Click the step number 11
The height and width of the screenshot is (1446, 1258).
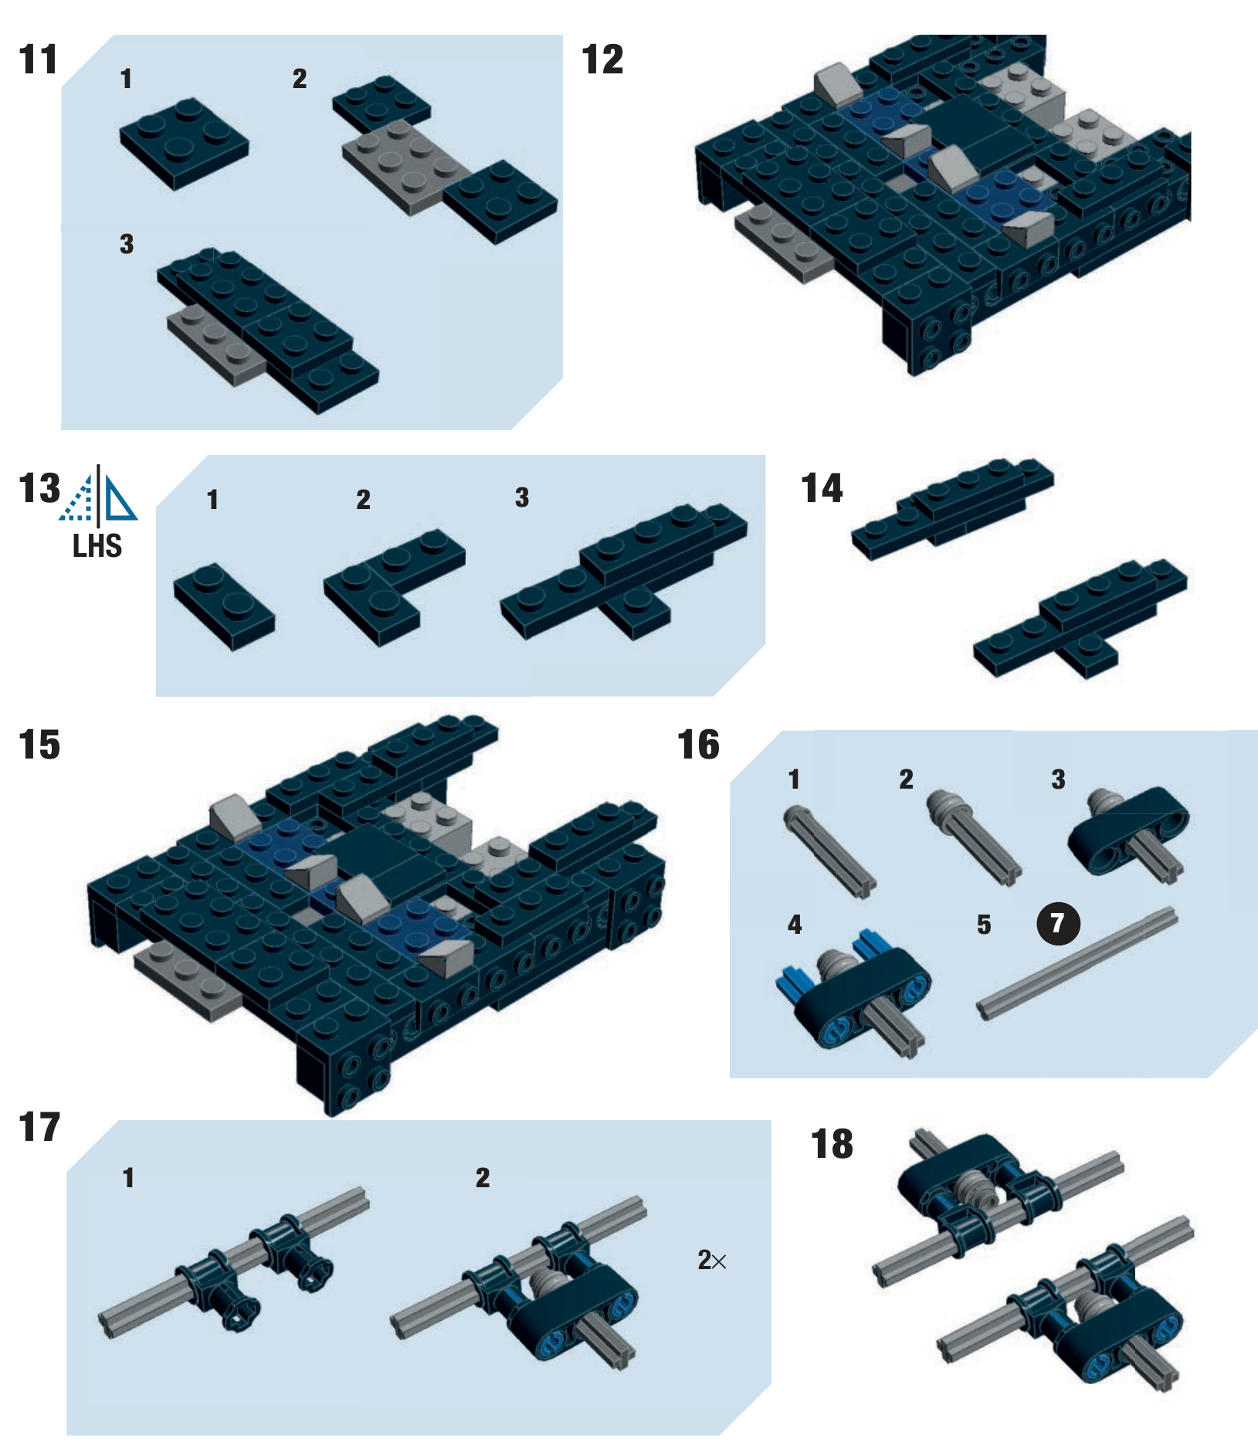coord(39,59)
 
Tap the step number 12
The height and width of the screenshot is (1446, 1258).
coord(602,59)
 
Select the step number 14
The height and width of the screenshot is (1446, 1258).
coord(822,488)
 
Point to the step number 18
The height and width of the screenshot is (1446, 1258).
coord(832,1144)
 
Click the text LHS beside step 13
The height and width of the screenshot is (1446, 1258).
coord(97,546)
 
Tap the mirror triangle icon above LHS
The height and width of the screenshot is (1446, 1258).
coord(98,495)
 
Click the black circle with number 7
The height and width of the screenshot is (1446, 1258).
coord(1058,922)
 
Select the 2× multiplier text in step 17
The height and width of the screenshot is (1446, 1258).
coord(712,1261)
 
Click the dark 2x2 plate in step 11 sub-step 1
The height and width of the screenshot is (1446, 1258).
coord(185,142)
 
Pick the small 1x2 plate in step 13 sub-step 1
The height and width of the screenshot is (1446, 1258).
coord(224,607)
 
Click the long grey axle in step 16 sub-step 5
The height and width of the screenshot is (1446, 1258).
coord(1078,963)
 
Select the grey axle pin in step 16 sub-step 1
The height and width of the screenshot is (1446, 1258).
coord(829,851)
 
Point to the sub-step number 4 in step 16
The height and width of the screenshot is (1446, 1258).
coord(795,925)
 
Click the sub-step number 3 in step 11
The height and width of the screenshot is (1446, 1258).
coord(127,244)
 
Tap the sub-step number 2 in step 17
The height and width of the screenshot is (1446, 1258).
coord(483,1178)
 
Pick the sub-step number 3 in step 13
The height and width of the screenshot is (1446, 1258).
coord(522,497)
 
